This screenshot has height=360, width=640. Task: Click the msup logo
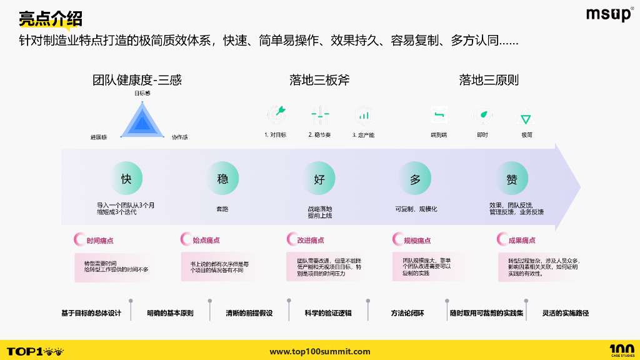click(609, 15)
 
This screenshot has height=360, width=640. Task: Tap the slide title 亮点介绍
click(50, 19)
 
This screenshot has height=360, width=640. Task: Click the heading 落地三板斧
click(319, 80)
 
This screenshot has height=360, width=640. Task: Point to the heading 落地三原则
click(489, 80)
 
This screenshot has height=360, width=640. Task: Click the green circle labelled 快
click(126, 179)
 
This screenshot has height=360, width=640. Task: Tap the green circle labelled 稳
click(222, 179)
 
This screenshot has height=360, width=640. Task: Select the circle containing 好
click(319, 179)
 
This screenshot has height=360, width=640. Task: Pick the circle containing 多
click(416, 179)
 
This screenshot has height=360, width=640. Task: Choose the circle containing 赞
click(512, 179)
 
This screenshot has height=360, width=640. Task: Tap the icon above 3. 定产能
click(363, 114)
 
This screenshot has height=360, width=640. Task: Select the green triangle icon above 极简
click(526, 117)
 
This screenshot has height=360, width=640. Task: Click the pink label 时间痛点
click(99, 240)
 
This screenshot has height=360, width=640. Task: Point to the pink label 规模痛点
click(417, 240)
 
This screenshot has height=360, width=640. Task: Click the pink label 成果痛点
click(521, 240)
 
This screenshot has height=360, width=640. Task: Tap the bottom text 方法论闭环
click(407, 312)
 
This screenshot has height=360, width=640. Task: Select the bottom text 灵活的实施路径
click(566, 312)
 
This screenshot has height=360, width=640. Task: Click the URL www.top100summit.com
click(320, 352)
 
